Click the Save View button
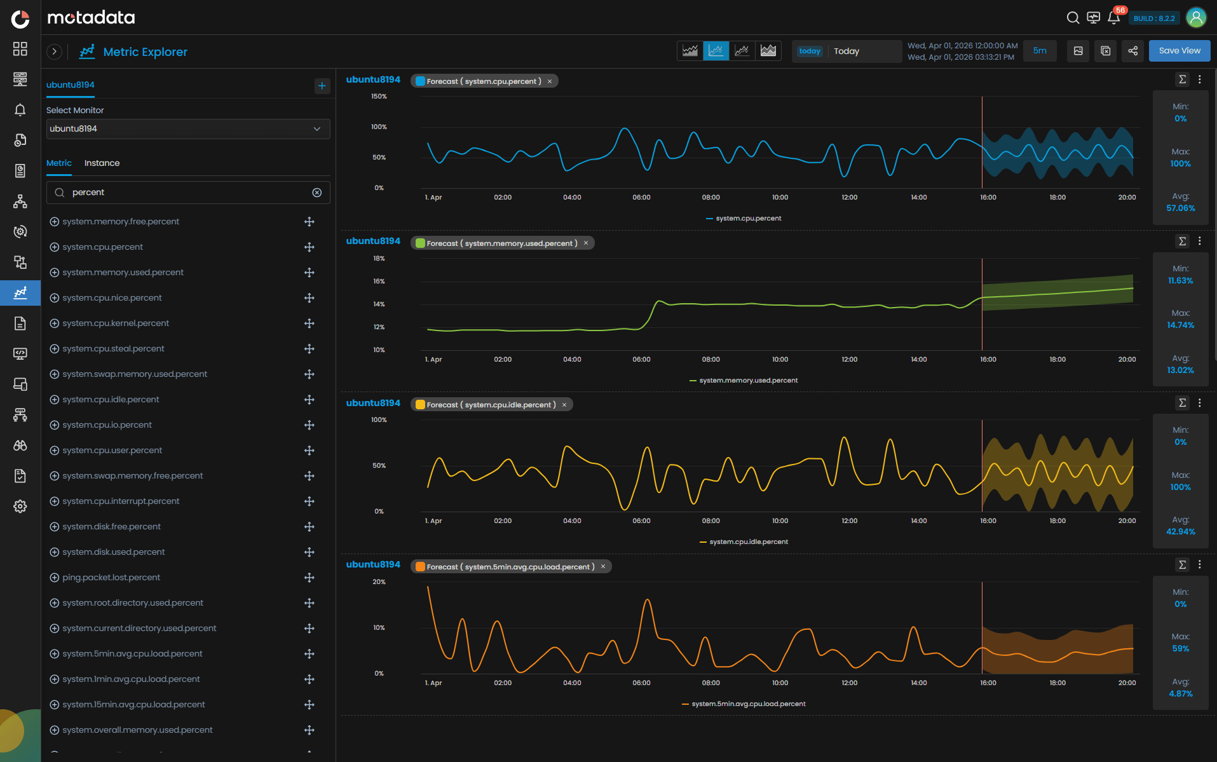coord(1179,51)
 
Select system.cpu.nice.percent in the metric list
coord(112,297)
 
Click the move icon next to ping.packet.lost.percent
coord(309,578)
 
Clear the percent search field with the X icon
coord(316,193)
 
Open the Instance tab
coord(102,163)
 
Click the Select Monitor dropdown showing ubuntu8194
coord(187,129)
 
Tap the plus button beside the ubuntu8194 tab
coord(322,86)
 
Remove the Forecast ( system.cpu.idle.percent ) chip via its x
coord(564,405)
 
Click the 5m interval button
coord(1039,51)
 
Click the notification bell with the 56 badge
coord(1113,18)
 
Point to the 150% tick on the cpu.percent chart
coord(379,97)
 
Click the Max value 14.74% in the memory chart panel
coord(1180,325)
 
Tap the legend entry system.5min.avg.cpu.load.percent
coord(748,704)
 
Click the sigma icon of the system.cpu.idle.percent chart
coord(1182,403)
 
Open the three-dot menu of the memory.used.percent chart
coord(1199,241)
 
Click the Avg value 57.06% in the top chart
coord(1180,208)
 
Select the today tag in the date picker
coord(810,51)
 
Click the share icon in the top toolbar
coord(1132,51)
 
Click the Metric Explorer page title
coord(145,52)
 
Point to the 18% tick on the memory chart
coord(379,259)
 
